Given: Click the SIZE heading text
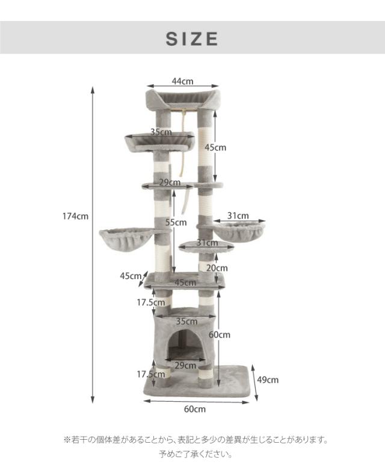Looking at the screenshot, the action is (192, 38).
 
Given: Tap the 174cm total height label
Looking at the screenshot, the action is (76, 217).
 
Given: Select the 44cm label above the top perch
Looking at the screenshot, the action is (182, 81).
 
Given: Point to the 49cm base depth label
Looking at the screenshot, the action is (268, 380).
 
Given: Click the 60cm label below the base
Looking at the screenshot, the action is (195, 409).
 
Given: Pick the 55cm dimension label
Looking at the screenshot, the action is (176, 223).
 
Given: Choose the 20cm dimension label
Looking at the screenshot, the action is (217, 268).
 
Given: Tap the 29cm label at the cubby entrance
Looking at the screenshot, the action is (185, 366).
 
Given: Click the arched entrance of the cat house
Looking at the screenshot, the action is (185, 345).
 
